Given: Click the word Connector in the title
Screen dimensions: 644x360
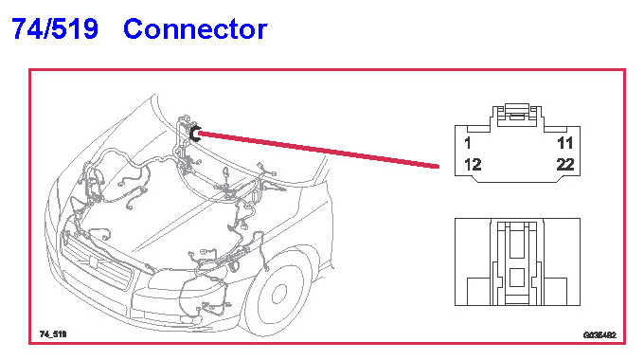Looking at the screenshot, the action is click(x=195, y=29).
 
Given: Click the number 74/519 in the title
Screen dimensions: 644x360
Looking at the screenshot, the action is click(x=55, y=29).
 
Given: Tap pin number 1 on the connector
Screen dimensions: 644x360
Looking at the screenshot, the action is click(x=468, y=143).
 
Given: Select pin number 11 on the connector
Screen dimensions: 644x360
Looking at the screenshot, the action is click(x=565, y=143).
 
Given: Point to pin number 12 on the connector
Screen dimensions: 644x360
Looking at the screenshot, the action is click(x=473, y=165).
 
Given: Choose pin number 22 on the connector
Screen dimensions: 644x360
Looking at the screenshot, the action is click(x=565, y=165).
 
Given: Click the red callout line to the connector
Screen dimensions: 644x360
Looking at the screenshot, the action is click(x=319, y=150).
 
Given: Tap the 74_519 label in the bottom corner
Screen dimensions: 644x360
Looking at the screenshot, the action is click(x=53, y=334).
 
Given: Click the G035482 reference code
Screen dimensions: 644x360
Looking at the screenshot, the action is click(x=599, y=335).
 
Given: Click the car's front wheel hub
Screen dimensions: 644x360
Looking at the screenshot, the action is click(x=279, y=294).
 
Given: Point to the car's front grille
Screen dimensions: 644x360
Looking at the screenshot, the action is click(x=98, y=263).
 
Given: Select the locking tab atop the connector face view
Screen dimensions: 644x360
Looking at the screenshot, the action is click(x=517, y=115).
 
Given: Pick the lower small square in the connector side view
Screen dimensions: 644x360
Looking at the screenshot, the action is click(x=517, y=278).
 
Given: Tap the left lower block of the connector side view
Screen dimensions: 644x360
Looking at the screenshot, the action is click(x=478, y=292).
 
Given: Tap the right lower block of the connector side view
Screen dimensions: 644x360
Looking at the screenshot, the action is click(x=555, y=292).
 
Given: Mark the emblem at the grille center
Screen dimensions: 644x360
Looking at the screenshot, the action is click(x=93, y=261).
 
